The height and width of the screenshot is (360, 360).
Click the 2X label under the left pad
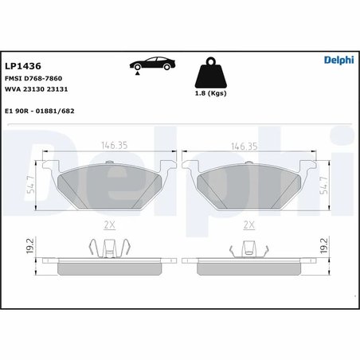point(111,225)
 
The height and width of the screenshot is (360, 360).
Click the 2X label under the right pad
point(248,225)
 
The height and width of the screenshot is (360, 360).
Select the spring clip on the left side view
point(110,248)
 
